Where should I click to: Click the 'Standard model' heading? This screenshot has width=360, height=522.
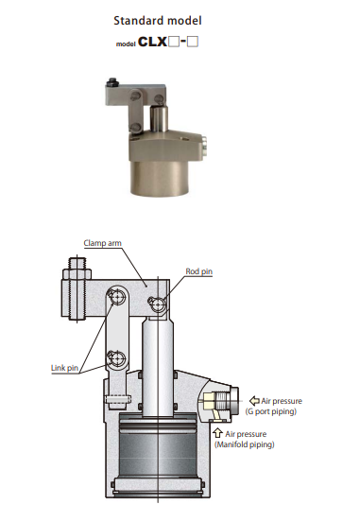click(x=158, y=21)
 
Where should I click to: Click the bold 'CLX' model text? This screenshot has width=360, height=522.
click(x=152, y=42)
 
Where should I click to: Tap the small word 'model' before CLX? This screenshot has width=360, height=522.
click(x=126, y=43)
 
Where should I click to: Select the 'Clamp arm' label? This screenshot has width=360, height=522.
click(x=102, y=243)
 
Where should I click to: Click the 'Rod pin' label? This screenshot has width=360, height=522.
click(x=199, y=271)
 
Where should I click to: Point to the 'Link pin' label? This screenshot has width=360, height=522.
click(x=64, y=368)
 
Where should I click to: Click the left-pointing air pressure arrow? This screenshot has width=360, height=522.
click(x=254, y=401)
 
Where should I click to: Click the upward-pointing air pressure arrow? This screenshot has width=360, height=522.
click(x=218, y=433)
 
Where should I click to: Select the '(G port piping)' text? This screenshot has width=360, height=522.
click(x=271, y=411)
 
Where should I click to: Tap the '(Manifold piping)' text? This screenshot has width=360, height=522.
click(x=245, y=444)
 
